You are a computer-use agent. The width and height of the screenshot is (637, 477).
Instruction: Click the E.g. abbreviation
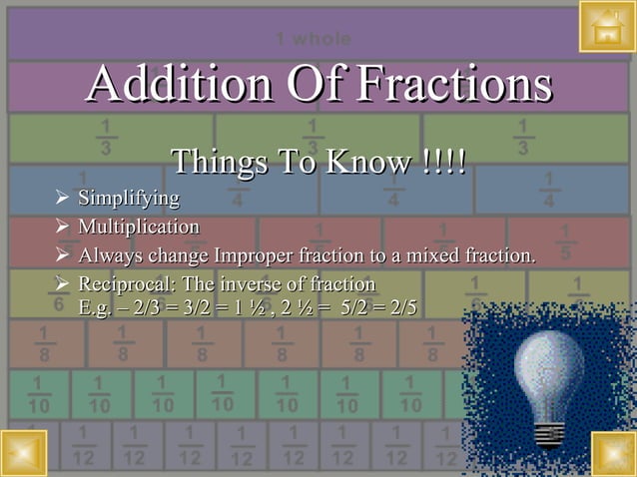click(97, 307)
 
